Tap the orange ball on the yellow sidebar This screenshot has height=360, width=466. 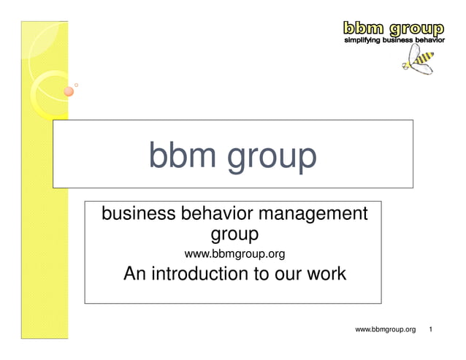(x=68, y=91)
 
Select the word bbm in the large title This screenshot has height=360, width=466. (x=180, y=156)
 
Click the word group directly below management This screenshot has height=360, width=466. (x=234, y=236)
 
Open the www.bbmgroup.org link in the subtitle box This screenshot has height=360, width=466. (x=234, y=254)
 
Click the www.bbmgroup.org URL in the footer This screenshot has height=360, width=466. (x=385, y=330)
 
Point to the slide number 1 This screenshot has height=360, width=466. (x=432, y=330)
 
